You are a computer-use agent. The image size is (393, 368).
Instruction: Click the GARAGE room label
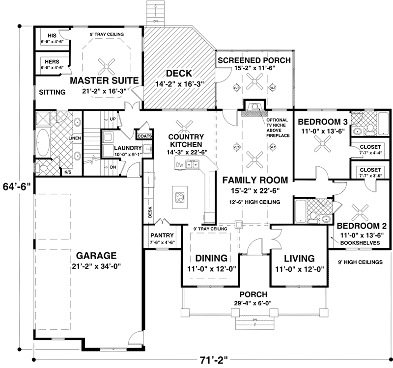click(x=96, y=255)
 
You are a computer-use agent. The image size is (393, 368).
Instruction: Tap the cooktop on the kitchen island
click(x=180, y=197)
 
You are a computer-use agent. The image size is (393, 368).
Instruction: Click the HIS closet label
click(x=52, y=35)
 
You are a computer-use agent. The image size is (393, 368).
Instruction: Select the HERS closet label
click(x=52, y=62)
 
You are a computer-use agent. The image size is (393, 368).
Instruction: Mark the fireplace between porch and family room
click(x=254, y=108)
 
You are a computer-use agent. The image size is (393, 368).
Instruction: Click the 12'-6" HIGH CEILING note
click(x=254, y=202)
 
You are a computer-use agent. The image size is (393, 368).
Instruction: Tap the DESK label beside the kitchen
click(x=150, y=211)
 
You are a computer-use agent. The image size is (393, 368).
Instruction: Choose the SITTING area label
click(x=52, y=92)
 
